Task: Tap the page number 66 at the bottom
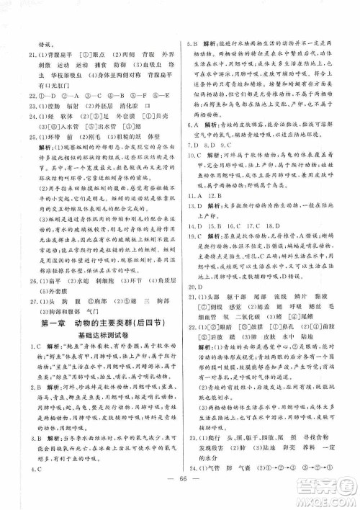coord(179,481)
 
